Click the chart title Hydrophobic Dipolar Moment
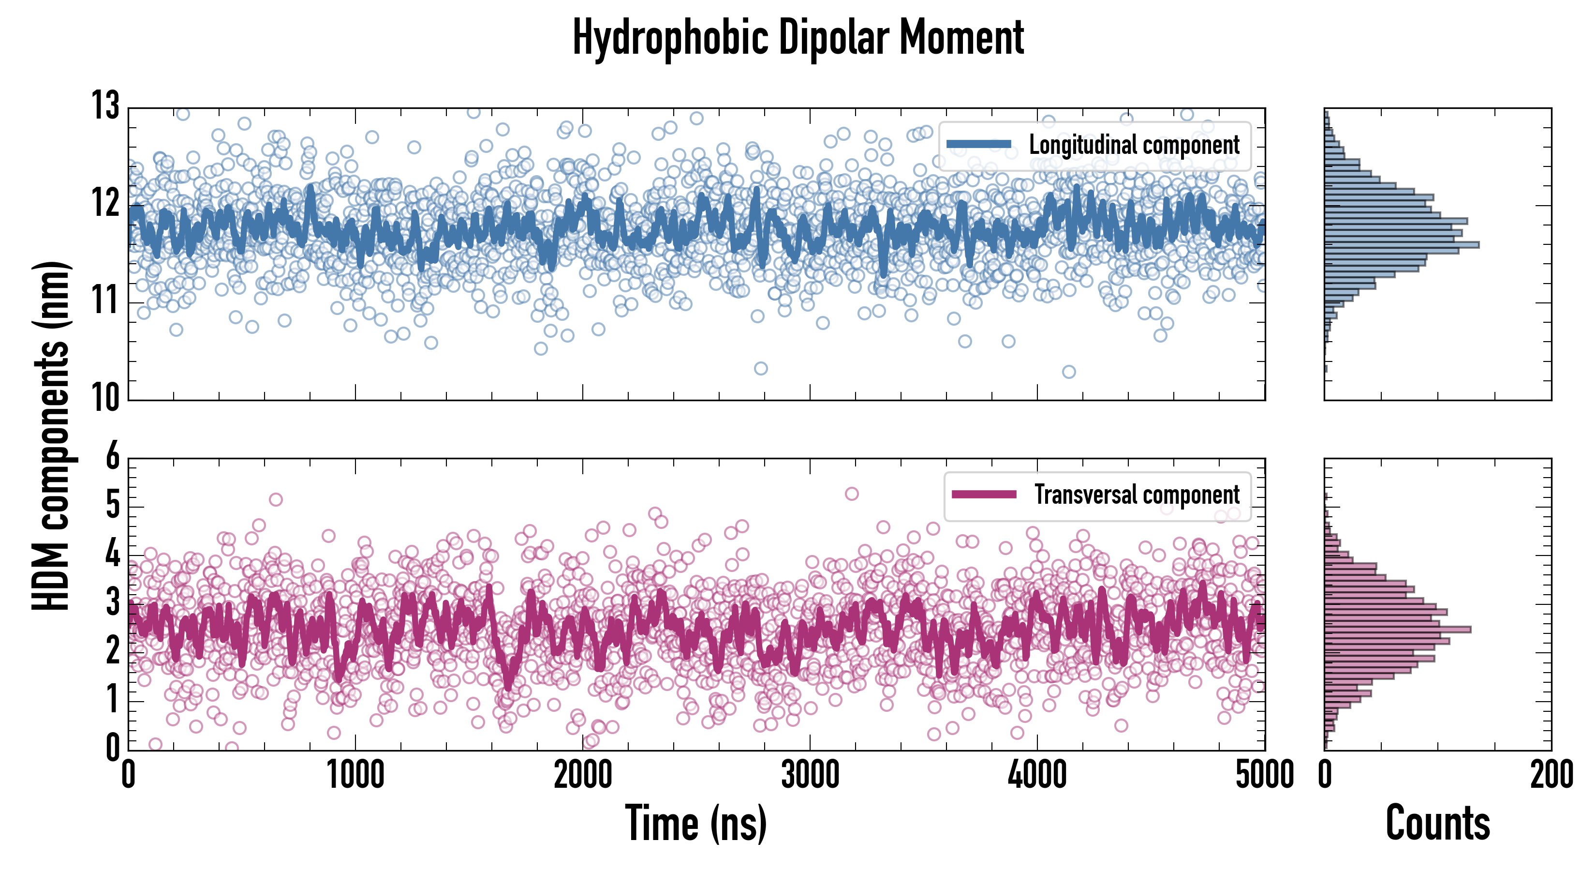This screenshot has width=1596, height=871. tap(798, 38)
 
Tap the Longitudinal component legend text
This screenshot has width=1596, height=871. tap(1134, 145)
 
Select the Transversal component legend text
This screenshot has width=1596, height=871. tap(1137, 495)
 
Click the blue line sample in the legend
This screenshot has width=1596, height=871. tap(979, 145)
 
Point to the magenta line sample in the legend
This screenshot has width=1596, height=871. tap(984, 494)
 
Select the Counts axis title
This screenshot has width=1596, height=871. tap(1437, 823)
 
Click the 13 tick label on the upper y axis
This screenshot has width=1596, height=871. tap(105, 106)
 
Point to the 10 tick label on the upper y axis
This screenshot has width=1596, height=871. tap(105, 397)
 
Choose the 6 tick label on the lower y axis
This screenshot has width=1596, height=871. tap(113, 457)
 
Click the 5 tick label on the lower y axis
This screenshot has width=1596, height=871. tap(113, 505)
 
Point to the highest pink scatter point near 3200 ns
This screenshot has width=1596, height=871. tap(852, 494)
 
